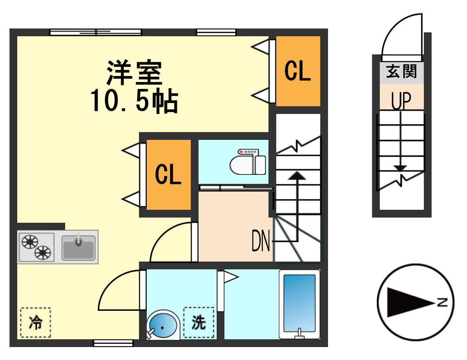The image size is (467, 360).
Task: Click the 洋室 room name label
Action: tap(135, 73)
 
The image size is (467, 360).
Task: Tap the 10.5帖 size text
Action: tap(134, 102)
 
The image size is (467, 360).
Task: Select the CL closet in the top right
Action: tap(298, 71)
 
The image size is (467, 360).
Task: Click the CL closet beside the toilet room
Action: tap(168, 174)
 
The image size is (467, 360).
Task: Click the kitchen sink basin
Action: tap(78, 248)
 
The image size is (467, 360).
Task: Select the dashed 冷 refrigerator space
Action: tap(35, 322)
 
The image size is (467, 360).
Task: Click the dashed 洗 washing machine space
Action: tap(199, 322)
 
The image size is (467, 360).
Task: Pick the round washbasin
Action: tap(163, 326)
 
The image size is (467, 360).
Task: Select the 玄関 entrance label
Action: tap(401, 72)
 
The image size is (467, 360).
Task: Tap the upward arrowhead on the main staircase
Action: tap(297, 175)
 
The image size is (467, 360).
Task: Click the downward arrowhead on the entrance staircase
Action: tap(401, 168)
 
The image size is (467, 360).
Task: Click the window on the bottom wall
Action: tap(113, 343)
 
